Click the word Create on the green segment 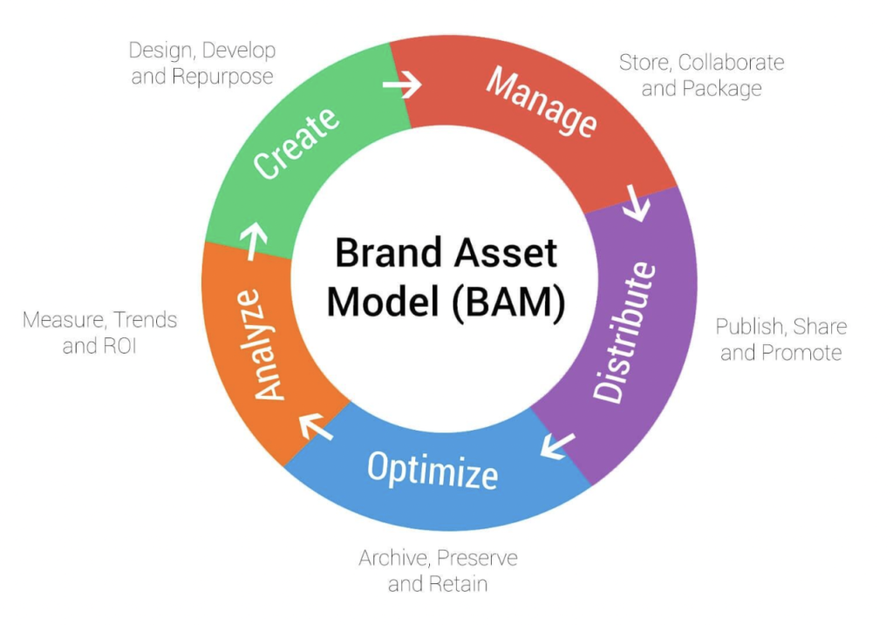point(297,143)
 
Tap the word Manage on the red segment point(542,101)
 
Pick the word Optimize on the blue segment point(433,471)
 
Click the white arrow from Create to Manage point(402,85)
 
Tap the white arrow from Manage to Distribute point(637,205)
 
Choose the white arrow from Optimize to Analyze point(316,426)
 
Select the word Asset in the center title point(505,254)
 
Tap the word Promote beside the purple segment point(800,353)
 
